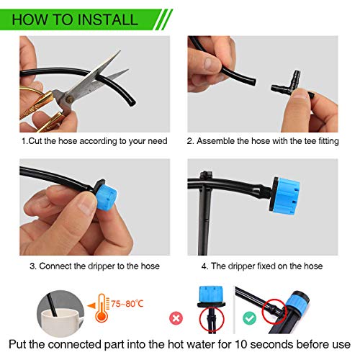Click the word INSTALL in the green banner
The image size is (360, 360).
pyautogui.click(x=107, y=19)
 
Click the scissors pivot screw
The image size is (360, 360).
pyautogui.click(x=70, y=99)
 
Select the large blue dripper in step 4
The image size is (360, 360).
pyautogui.click(x=284, y=196)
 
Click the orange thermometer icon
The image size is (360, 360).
pyautogui.click(x=102, y=307)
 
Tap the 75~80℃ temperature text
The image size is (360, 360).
pyautogui.click(x=127, y=304)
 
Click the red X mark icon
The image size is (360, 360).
pyautogui.click(x=176, y=318)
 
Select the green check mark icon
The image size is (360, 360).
pyautogui.click(x=249, y=318)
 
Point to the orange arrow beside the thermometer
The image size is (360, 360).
pyautogui.click(x=91, y=306)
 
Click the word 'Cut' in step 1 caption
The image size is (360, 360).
pyautogui.click(x=35, y=141)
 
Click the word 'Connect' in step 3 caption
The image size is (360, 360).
pyautogui.click(x=55, y=266)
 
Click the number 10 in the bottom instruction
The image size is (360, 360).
pyautogui.click(x=240, y=344)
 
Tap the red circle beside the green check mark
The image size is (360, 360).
pyautogui.click(x=274, y=311)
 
